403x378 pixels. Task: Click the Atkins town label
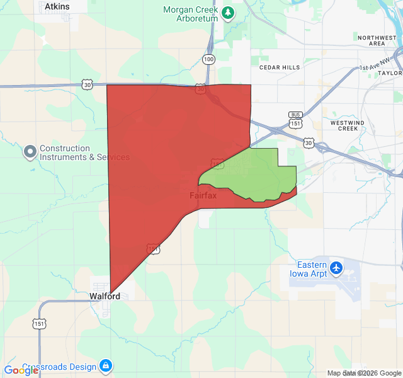point(57,6)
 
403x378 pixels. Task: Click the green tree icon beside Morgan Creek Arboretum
point(228,12)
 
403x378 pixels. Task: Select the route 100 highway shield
point(208,59)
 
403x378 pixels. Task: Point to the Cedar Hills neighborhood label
point(280,66)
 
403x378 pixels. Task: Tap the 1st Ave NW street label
point(375,66)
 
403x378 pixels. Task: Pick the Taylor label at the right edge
point(390,73)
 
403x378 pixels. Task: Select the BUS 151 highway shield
point(295,119)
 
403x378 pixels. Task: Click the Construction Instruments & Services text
point(84,153)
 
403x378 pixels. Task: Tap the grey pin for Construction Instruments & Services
point(30,152)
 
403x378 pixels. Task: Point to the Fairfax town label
point(203,196)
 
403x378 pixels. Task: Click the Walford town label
point(105,295)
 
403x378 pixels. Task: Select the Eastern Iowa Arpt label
point(308,269)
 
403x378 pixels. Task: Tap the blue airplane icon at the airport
point(336,268)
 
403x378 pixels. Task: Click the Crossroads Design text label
point(59,367)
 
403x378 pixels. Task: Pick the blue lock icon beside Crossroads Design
point(106,366)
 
